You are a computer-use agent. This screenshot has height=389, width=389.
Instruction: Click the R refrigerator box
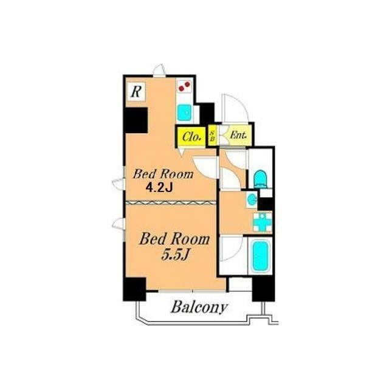pyautogui.click(x=136, y=92)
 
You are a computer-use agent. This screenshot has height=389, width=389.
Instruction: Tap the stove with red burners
pyautogui.click(x=185, y=86)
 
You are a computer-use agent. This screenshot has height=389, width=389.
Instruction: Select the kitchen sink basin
pyautogui.click(x=185, y=113)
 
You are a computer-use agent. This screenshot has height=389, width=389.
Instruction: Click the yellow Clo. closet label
pyautogui.click(x=191, y=137)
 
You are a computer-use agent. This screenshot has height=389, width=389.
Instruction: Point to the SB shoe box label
pyautogui.click(x=212, y=136)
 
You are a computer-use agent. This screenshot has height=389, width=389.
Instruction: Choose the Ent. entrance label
pyautogui.click(x=238, y=135)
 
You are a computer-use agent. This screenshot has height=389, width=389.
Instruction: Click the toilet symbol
pyautogui.click(x=260, y=179)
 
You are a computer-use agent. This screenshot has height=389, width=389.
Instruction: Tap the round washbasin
pyautogui.click(x=252, y=199)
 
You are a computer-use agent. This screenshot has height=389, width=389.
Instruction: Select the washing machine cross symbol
pyautogui.click(x=263, y=222)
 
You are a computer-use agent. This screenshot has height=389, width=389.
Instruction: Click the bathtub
pyautogui.click(x=260, y=256)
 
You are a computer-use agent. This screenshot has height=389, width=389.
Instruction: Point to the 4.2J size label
pyautogui.click(x=159, y=188)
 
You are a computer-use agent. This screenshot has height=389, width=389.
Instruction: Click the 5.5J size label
pyautogui.click(x=176, y=254)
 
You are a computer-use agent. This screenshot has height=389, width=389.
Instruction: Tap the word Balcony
pyautogui.click(x=199, y=308)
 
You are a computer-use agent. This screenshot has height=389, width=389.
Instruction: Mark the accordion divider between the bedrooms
pyautogui.click(x=171, y=202)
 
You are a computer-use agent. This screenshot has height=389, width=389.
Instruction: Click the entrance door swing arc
pyautogui.click(x=235, y=108)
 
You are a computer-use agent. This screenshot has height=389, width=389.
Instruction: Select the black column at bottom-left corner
pyautogui.click(x=134, y=289)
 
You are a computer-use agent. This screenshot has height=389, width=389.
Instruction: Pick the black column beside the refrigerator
pyautogui.click(x=136, y=120)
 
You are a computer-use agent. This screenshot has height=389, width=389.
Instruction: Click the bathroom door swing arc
pyautogui.click(x=231, y=248)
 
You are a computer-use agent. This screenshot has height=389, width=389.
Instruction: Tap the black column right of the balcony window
pyautogui.click(x=263, y=289)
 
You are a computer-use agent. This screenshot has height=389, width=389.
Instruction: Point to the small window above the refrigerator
pyautogui.click(x=159, y=71)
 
